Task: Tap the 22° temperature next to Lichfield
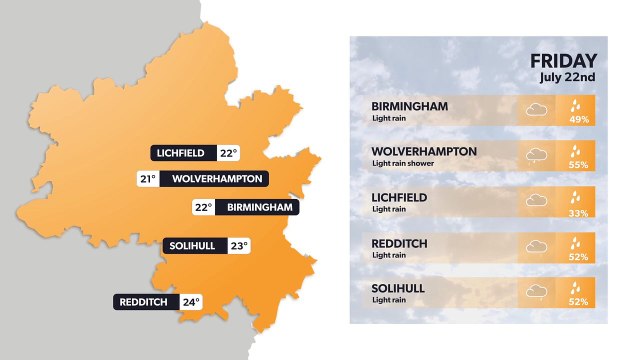[229, 153]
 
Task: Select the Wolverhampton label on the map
[216, 179]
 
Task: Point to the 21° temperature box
[148, 179]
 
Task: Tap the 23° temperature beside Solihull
[238, 245]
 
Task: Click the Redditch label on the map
[146, 302]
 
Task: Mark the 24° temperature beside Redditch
[190, 302]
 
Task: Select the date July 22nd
[567, 77]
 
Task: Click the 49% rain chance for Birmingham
[579, 119]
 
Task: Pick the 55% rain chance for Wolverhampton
[579, 164]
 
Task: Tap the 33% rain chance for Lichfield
[579, 210]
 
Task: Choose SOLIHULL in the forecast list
[398, 288]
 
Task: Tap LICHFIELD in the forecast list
[399, 197]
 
